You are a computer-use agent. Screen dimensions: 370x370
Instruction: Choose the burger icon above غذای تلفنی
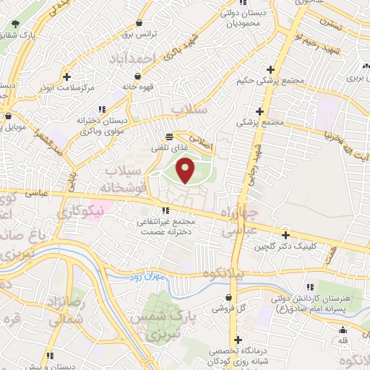[x=168, y=136]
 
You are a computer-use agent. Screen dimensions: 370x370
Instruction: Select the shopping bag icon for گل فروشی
[x=229, y=297]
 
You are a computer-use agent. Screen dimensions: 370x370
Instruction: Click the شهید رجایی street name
[x=254, y=153]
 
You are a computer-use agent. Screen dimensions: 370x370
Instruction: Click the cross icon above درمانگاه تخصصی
[x=236, y=339]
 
